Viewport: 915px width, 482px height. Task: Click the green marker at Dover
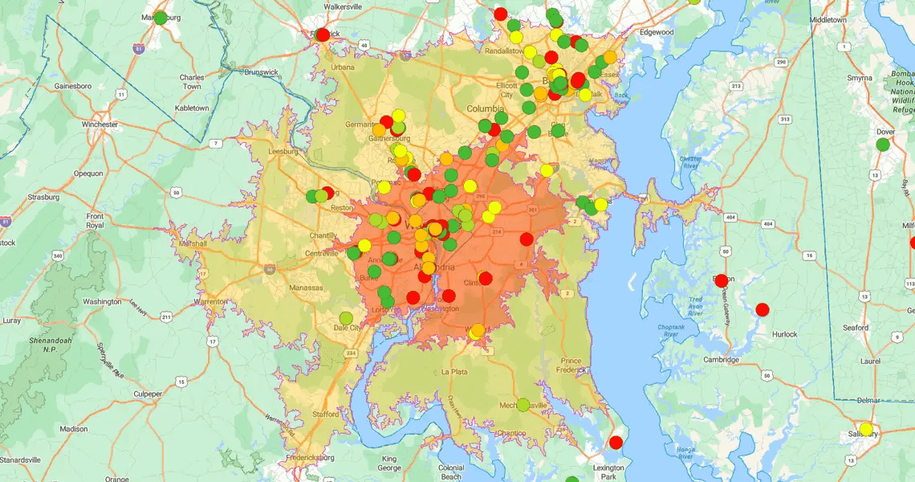click(883, 145)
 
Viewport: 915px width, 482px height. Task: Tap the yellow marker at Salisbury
click(866, 429)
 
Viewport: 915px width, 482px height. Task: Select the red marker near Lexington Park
click(616, 443)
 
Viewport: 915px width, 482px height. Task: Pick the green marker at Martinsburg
click(161, 18)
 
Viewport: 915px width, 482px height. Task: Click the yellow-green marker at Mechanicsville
click(523, 405)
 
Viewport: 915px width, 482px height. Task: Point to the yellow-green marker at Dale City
click(346, 318)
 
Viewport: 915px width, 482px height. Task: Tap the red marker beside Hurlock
click(762, 309)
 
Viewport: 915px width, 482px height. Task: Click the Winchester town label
click(96, 125)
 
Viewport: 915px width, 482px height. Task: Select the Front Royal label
click(95, 221)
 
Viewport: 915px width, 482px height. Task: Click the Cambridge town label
click(721, 360)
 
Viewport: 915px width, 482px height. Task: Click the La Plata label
click(455, 372)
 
